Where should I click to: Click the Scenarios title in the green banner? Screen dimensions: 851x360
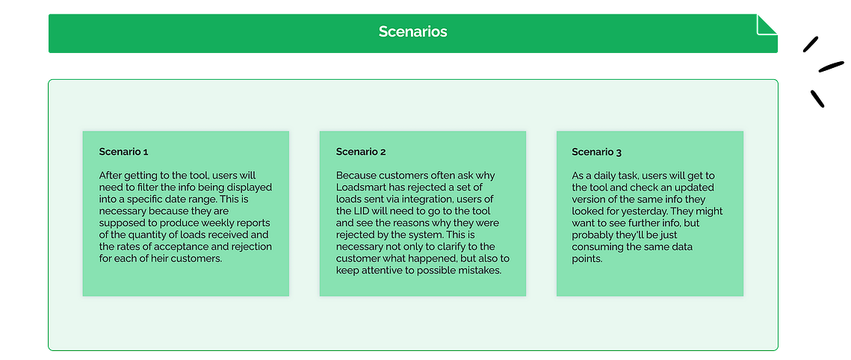click(x=412, y=31)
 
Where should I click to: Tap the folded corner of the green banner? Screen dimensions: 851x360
click(x=767, y=25)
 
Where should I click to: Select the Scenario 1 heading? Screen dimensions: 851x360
click(x=124, y=152)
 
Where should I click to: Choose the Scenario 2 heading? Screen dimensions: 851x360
click(x=361, y=152)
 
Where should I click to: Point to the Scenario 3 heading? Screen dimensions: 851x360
click(x=597, y=152)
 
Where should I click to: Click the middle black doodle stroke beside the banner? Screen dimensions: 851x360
click(x=832, y=66)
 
